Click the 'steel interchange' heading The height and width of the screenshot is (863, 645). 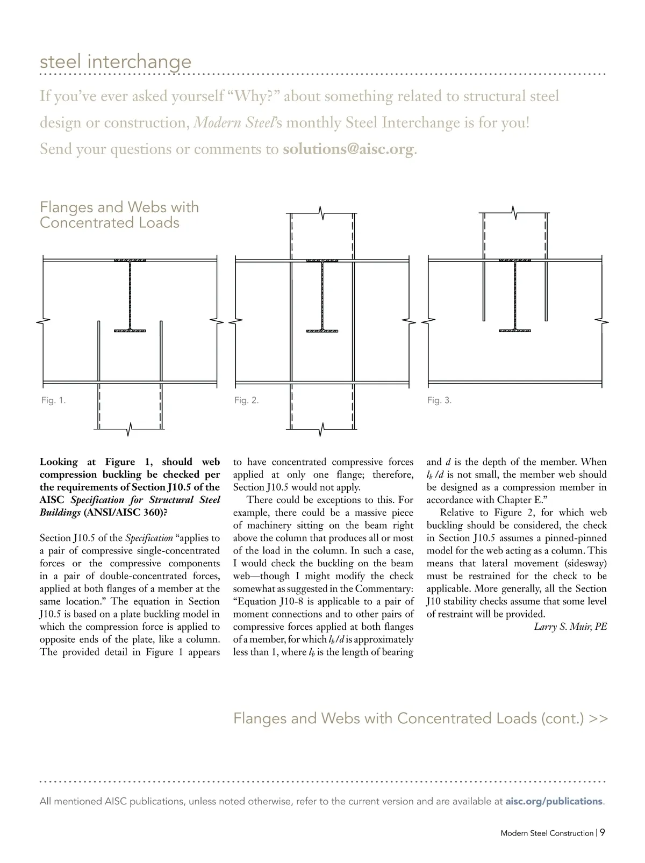[116, 61]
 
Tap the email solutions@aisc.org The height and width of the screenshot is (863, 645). [349, 148]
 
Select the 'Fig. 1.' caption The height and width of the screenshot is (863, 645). [53, 400]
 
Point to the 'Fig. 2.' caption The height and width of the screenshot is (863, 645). [246, 400]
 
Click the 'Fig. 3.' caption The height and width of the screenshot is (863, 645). [439, 400]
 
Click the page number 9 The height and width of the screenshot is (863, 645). [603, 832]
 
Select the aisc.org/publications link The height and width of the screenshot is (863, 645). [554, 801]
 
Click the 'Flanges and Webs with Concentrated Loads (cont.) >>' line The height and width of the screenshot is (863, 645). [420, 718]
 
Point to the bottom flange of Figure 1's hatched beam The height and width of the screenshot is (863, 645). [130, 330]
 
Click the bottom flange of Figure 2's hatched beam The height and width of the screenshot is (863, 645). [322, 330]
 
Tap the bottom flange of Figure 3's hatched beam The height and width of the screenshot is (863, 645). [515, 330]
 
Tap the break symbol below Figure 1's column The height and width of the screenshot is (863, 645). [130, 429]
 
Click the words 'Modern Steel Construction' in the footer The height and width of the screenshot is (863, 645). [547, 833]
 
